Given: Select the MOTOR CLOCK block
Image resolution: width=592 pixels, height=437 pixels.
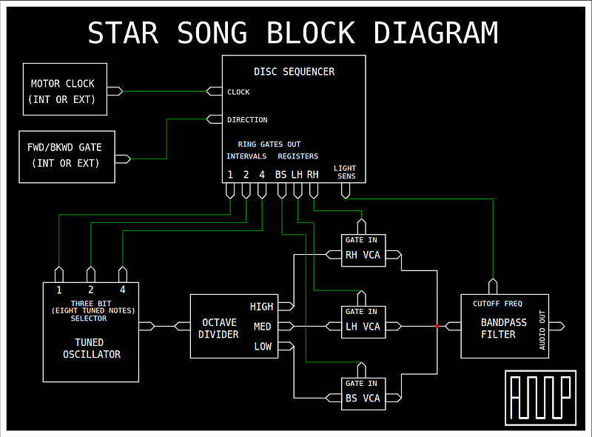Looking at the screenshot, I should [x=65, y=90].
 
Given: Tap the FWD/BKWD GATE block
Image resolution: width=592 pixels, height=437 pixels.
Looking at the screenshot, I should [x=67, y=156].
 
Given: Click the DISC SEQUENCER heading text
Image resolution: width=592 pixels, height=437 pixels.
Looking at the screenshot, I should [x=294, y=72].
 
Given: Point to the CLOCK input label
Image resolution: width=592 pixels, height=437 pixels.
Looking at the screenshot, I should [x=238, y=92].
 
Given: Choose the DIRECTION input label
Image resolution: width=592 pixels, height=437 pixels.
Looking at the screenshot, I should [x=247, y=119].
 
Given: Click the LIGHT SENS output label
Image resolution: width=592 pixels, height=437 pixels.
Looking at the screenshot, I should [x=346, y=172].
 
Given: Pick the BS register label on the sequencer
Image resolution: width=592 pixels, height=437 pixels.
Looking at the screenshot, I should [x=281, y=175].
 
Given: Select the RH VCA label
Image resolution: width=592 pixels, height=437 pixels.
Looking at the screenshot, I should [x=363, y=256].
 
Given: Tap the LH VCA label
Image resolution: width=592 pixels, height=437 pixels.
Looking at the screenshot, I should [x=363, y=327].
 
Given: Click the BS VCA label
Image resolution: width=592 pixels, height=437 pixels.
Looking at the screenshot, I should [x=363, y=398].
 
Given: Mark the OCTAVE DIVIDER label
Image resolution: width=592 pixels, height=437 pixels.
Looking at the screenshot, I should [x=220, y=328].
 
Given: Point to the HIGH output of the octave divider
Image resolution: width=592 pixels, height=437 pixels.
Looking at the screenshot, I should [x=261, y=307].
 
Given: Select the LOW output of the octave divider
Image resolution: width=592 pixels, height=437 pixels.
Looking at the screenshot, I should [x=263, y=346].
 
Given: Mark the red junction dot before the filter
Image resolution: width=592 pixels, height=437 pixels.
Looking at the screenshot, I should [x=437, y=326].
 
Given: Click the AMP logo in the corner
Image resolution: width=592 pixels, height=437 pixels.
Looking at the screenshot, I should [x=540, y=397].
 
